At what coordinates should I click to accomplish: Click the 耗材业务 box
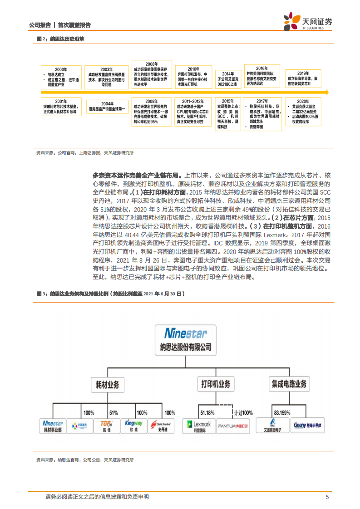(107, 384)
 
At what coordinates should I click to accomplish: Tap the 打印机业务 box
(215, 384)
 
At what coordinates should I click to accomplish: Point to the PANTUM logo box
(234, 426)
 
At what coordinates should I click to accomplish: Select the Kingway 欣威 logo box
(133, 426)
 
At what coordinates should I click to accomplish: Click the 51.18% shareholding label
(207, 413)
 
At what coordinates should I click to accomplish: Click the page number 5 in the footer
(327, 497)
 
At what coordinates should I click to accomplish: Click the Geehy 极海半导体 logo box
(306, 426)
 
